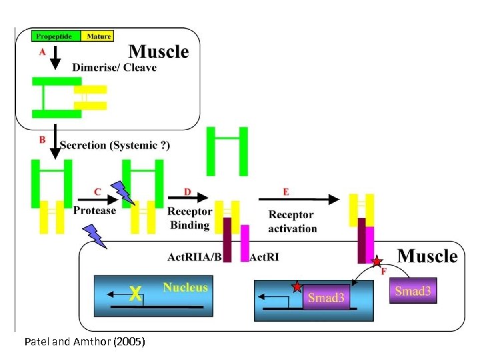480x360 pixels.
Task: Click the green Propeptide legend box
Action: point(56,36)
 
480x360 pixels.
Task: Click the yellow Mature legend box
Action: point(97,36)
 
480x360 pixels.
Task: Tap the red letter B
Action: point(43,140)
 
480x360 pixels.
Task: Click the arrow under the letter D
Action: point(188,198)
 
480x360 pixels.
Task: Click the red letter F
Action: point(383,272)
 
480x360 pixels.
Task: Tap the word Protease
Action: point(95,211)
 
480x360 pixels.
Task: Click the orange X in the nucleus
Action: point(135,293)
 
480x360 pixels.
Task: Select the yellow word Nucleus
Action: point(185,288)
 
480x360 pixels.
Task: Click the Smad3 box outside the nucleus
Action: point(413,291)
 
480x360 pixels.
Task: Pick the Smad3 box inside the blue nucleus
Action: point(326,297)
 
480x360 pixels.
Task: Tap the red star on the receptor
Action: point(377,261)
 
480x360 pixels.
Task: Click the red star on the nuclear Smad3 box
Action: point(297,287)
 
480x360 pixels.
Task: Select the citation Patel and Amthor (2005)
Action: point(84,342)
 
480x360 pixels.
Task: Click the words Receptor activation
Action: point(292,221)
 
